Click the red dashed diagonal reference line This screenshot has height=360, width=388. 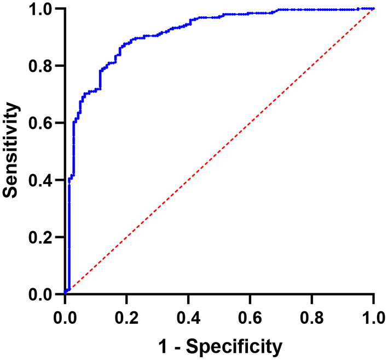219,152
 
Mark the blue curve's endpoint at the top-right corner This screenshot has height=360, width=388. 373,9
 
